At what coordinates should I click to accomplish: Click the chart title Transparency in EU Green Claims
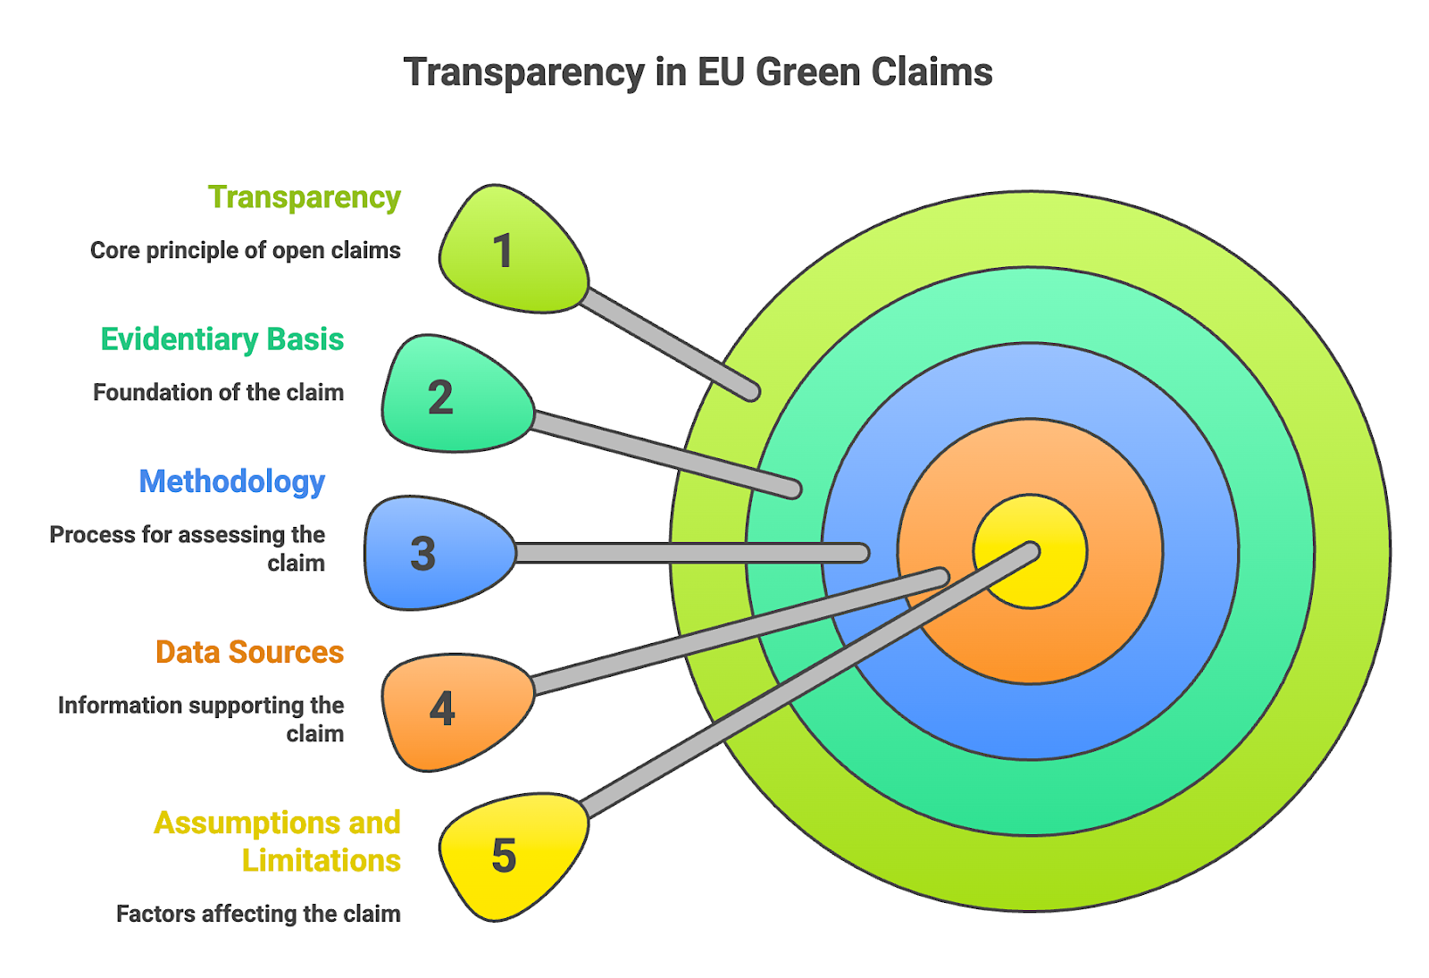(698, 72)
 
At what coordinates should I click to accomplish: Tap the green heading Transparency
(304, 197)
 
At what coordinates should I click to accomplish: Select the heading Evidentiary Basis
(221, 339)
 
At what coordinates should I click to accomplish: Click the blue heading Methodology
(231, 481)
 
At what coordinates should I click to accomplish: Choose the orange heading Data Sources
(249, 652)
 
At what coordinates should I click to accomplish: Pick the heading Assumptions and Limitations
(277, 840)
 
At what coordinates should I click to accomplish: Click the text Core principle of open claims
(245, 250)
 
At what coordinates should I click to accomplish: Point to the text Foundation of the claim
(218, 392)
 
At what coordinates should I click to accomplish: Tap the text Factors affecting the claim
(258, 914)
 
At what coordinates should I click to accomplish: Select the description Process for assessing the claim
(188, 548)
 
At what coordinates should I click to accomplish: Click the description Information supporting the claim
(201, 719)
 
